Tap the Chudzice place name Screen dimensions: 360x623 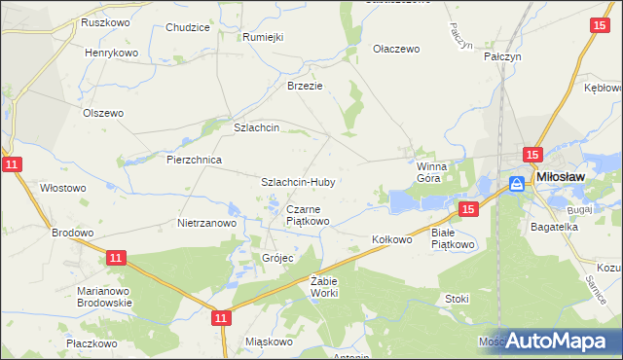pos(188,27)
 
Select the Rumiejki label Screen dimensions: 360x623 pos(262,37)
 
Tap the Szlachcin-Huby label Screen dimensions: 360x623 pos(298,182)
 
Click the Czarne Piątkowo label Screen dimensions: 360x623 pos(308,215)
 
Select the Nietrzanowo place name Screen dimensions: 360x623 pos(207,223)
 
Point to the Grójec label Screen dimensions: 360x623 pos(277,258)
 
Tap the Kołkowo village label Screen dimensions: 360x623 pos(393,238)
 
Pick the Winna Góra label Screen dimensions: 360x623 pos(429,172)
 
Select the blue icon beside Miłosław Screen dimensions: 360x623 pos(519,183)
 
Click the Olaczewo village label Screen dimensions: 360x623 pos(396,49)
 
